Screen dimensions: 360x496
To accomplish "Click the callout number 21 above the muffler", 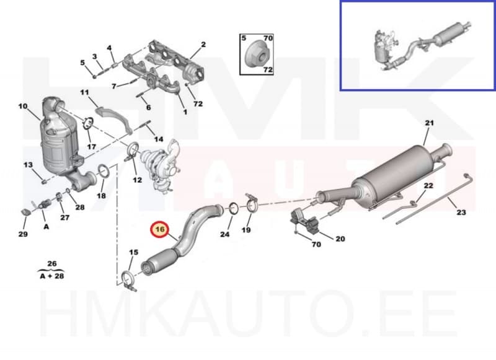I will tap(428, 123).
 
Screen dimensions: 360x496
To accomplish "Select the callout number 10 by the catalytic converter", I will tap(23, 107).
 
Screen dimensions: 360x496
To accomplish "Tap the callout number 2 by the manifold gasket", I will tap(203, 45).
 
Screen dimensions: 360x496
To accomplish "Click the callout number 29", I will tap(23, 234).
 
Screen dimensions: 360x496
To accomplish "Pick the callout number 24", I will tap(225, 235).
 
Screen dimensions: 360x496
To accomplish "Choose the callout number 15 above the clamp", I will tap(133, 252).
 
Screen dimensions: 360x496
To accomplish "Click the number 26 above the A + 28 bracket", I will tap(52, 264).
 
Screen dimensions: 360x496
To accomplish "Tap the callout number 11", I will tap(85, 93).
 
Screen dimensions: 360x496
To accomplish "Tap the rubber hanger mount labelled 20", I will tap(303, 221).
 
